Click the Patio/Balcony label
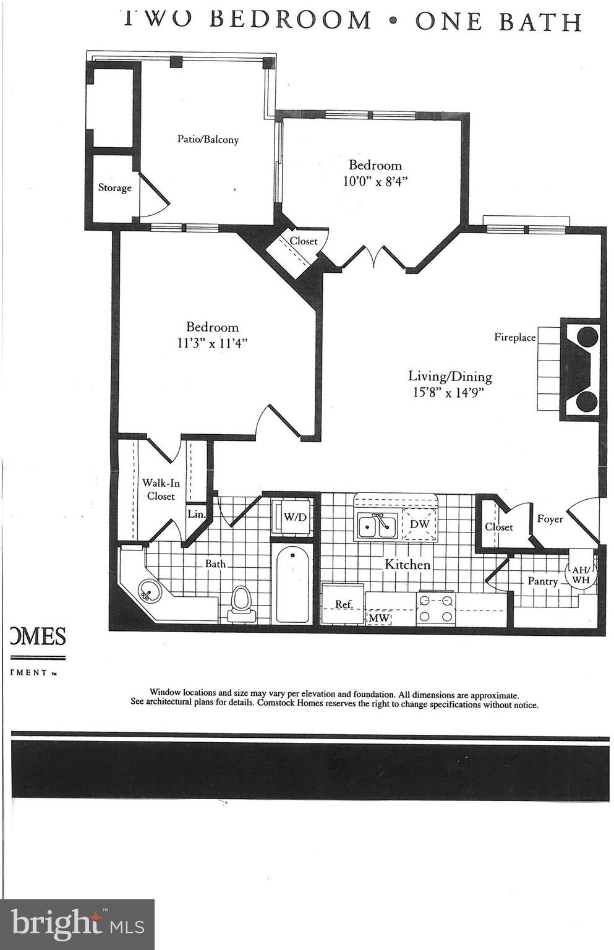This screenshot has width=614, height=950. pos(208,140)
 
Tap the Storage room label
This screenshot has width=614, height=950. pos(115,187)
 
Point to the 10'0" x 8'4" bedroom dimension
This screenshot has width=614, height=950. pos(375,182)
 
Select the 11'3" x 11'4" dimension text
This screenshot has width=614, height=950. pos(212,343)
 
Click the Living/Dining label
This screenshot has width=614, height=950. pos(450,376)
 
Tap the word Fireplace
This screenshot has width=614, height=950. pos(514,337)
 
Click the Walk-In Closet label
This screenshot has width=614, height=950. pos(161,489)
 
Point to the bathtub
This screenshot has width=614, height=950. pos(292,584)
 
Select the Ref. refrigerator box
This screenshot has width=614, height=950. pos(343,604)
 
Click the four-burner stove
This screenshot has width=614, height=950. pos(436,607)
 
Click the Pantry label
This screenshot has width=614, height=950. pos(542,581)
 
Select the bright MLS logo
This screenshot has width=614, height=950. pos(77,924)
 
